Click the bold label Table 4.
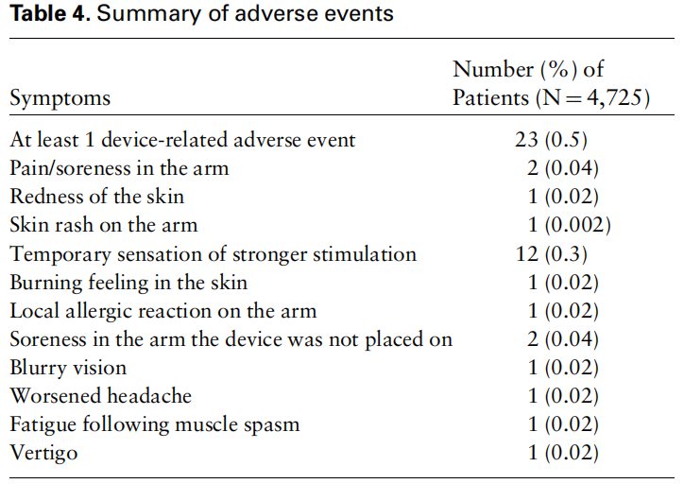click(x=50, y=13)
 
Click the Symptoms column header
click(x=60, y=98)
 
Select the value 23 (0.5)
click(x=551, y=140)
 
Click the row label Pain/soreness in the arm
click(x=119, y=168)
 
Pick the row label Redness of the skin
click(x=97, y=197)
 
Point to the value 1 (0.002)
click(x=570, y=225)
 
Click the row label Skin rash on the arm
click(x=104, y=225)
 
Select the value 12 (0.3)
click(x=552, y=253)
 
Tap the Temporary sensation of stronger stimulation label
click(x=213, y=254)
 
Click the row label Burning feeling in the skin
click(x=128, y=283)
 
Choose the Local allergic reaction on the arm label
click(x=163, y=311)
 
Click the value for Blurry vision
click(x=563, y=368)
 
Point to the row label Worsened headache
click(x=101, y=396)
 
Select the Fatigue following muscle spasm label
click(x=155, y=424)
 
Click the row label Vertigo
click(x=43, y=453)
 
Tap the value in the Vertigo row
click(x=563, y=453)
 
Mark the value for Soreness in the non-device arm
click(x=563, y=339)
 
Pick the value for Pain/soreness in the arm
click(x=563, y=168)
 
